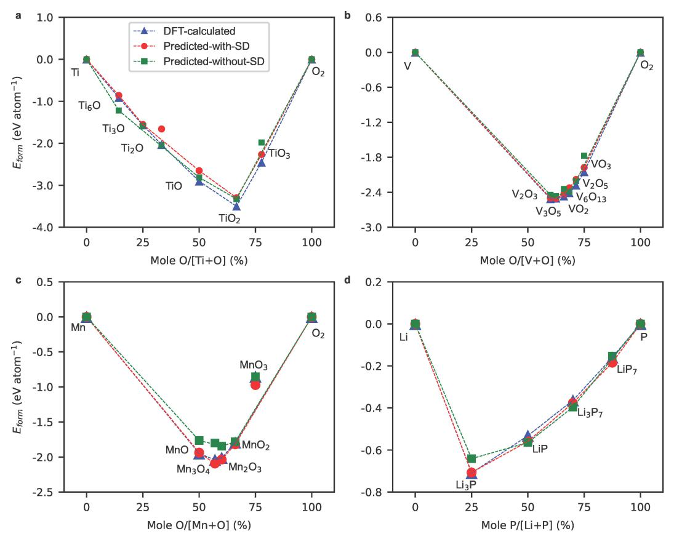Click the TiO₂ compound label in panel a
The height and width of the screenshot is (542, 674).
click(x=230, y=218)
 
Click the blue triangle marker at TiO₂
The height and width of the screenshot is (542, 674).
click(x=236, y=206)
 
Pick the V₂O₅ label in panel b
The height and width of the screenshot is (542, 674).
click(x=595, y=183)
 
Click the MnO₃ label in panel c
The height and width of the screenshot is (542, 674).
click(x=254, y=365)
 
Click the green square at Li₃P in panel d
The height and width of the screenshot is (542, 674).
click(x=471, y=458)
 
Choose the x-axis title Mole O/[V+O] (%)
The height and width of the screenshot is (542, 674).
click(x=528, y=260)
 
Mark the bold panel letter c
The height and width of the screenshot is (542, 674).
click(x=18, y=281)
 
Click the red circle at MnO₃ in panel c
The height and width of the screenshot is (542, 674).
click(x=255, y=385)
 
